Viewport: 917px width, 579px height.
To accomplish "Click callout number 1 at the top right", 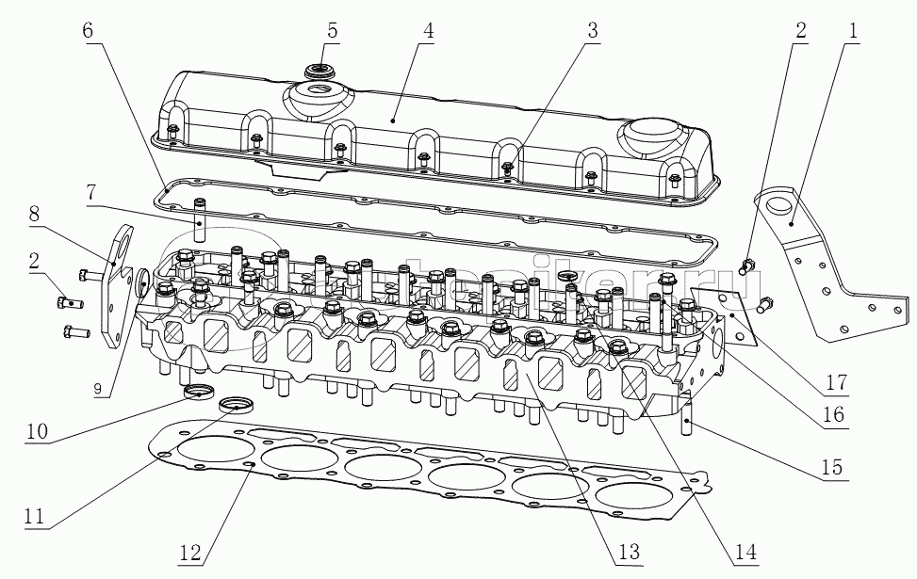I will tap(853, 30).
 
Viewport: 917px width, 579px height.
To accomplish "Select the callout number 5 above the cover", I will tap(333, 28).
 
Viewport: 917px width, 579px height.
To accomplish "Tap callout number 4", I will tap(428, 29).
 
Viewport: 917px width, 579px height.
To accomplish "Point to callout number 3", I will tap(592, 29).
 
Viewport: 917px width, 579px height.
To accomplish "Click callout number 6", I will tap(88, 29).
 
